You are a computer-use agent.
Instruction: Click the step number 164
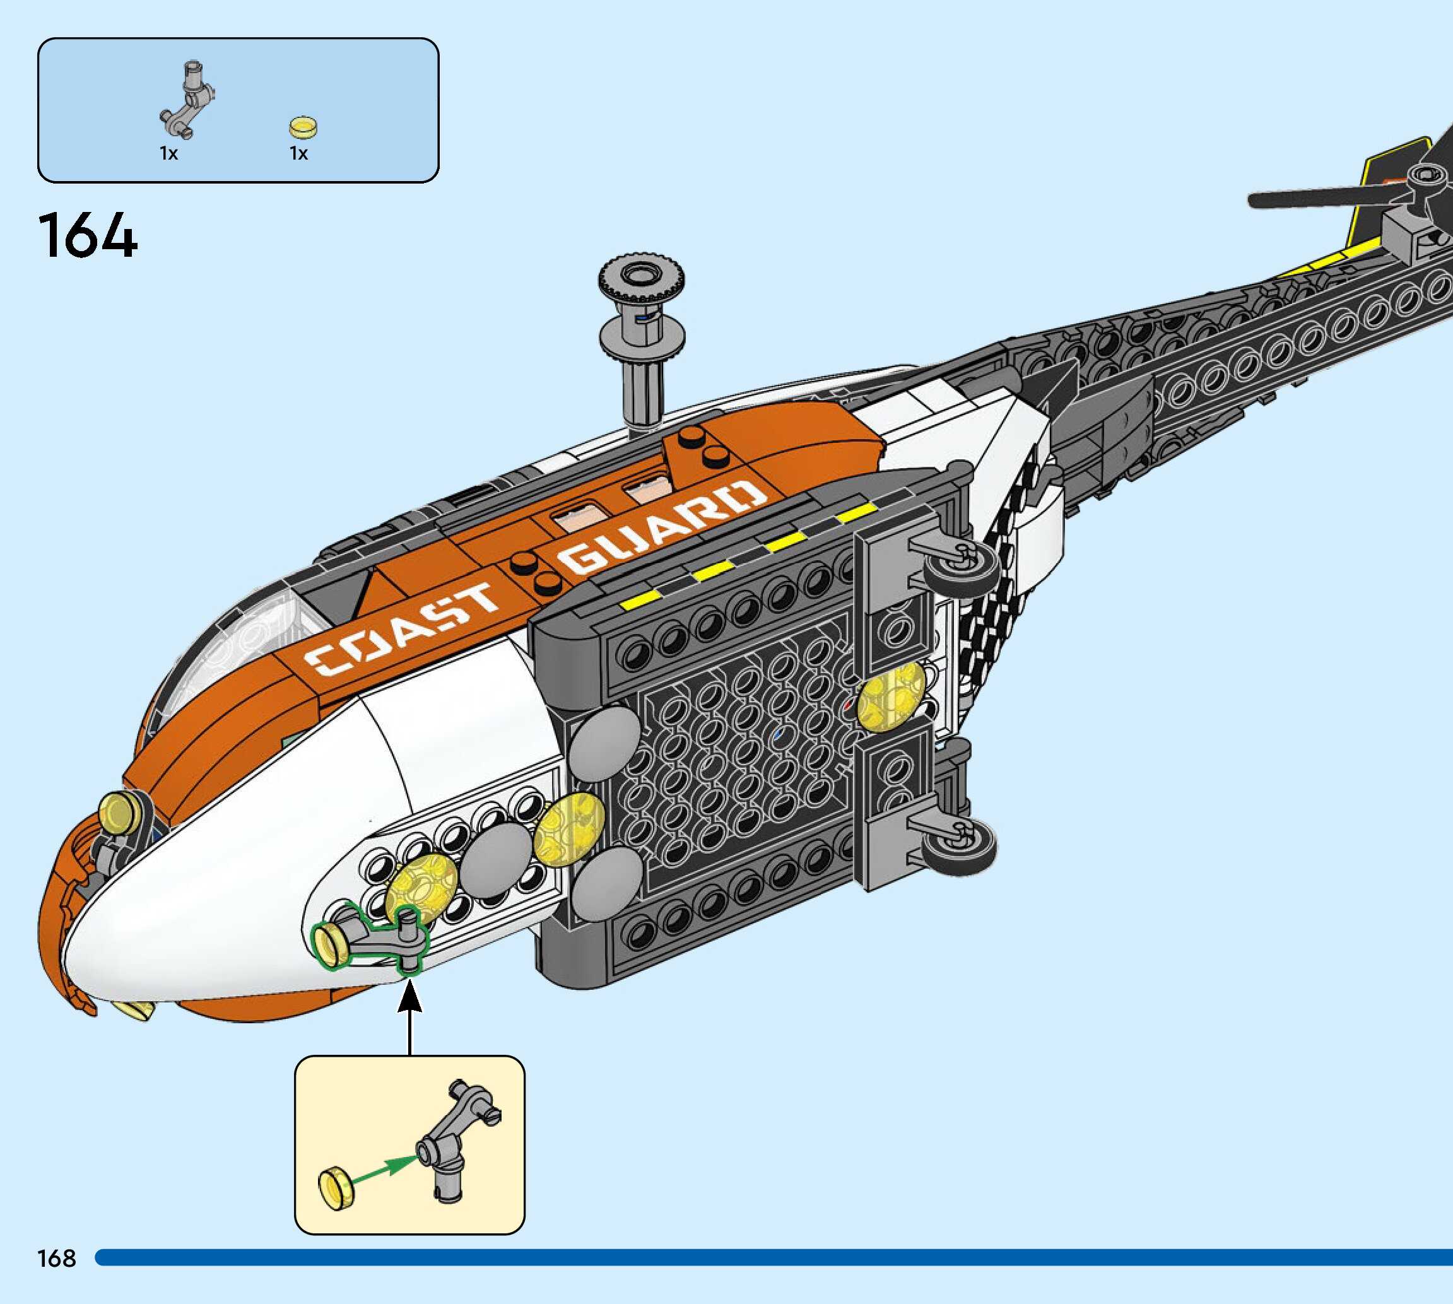(x=88, y=235)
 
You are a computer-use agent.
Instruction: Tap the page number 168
(x=57, y=1257)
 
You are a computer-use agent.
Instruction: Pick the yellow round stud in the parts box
(x=303, y=127)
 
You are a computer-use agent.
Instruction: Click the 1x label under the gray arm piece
(x=168, y=153)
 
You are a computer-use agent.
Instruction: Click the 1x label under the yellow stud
(x=299, y=153)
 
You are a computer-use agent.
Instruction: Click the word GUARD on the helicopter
(x=662, y=527)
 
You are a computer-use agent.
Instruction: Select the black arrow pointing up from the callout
(x=410, y=1018)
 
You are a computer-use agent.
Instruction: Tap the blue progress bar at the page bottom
(x=774, y=1257)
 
